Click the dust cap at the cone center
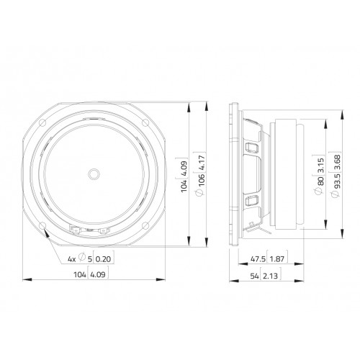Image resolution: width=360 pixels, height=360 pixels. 94,174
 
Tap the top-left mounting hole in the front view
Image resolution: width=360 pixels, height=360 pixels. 42,123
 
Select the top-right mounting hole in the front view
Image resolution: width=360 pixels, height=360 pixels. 145,123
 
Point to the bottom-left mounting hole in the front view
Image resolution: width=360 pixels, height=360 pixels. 42,225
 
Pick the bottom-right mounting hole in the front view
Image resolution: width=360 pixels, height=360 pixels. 145,225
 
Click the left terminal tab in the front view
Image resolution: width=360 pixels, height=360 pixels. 77,231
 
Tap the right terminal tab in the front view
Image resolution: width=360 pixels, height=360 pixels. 104,231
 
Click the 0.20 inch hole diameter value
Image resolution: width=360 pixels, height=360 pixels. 104,259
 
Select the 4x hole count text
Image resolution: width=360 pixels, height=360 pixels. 71,259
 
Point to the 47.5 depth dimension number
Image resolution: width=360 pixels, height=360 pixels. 258,259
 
